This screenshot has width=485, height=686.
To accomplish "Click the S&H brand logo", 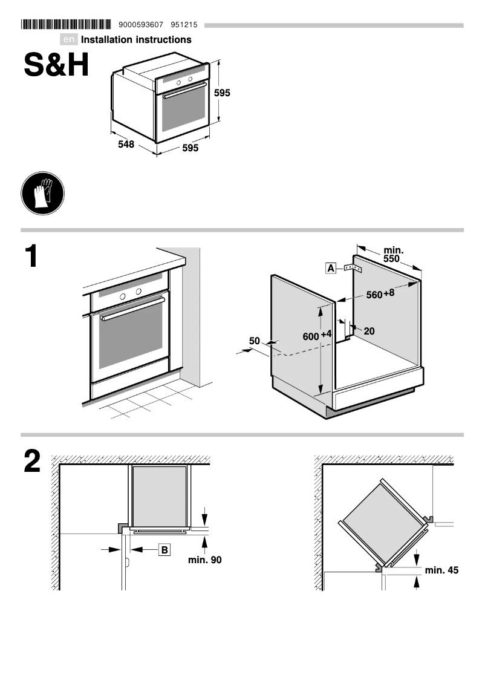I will coord(56,65).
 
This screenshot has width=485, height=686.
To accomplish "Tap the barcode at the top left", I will coord(66,25).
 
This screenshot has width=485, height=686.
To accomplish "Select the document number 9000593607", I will coord(142,25).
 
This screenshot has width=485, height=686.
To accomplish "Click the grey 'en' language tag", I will coord(70,40).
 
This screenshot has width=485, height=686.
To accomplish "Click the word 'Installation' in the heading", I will coord(107,40).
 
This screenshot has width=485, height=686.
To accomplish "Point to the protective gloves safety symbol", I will coord(42,192).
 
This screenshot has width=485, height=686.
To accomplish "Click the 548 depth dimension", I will coord(126,145).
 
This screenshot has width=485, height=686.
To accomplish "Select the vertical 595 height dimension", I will coord(223,93).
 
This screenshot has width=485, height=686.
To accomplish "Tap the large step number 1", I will coord(31,257).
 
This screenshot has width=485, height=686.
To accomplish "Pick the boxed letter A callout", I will coord(330,267).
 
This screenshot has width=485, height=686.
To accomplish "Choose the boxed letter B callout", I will coord(164,549).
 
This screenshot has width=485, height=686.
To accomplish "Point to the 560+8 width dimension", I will coord(380,295).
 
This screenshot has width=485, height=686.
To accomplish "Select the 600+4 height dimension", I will coord(317,336).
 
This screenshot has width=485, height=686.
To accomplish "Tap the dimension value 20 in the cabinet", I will coord(369,331).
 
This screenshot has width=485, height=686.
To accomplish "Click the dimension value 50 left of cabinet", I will coord(255,341).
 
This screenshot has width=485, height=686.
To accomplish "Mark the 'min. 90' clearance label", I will coord(204,560).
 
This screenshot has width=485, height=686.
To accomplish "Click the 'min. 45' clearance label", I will coord(441,570).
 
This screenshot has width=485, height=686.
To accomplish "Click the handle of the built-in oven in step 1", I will coord(132,309).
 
